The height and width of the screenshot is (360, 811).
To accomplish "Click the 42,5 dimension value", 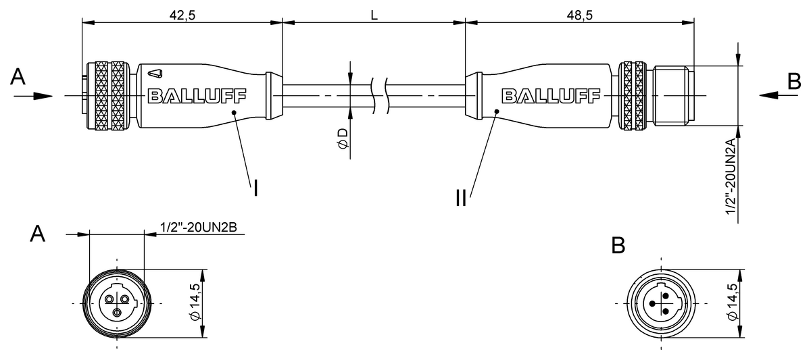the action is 182,15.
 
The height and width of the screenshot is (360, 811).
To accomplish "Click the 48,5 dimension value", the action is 580,15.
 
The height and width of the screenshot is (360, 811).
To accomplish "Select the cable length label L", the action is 374,15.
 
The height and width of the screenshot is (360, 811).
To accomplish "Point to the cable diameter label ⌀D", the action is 343,138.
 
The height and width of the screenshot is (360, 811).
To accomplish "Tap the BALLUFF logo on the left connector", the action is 197,96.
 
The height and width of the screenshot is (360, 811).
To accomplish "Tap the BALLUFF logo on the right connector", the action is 551,96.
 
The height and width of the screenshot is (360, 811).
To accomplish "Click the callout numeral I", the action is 255,188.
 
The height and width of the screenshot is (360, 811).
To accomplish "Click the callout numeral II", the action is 461,199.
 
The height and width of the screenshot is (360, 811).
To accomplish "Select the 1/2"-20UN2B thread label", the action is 199,227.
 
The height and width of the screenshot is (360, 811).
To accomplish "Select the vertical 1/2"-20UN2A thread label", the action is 731,176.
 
